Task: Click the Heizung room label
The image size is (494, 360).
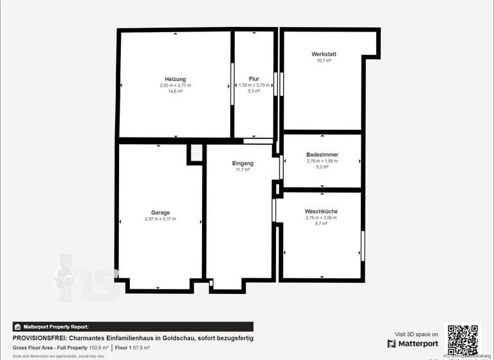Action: [175, 78]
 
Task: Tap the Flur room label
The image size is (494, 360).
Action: [254, 78]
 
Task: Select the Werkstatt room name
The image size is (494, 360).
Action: [324, 54]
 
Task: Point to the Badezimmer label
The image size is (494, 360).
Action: [322, 155]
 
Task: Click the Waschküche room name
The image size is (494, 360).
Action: [321, 212]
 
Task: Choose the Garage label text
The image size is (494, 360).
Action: [160, 213]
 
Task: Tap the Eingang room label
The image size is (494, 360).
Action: [242, 163]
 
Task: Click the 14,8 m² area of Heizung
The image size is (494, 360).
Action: [175, 92]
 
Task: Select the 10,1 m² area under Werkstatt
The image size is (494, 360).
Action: [324, 61]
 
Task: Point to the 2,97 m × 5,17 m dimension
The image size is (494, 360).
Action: [160, 219]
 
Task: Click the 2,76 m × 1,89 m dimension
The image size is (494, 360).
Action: [322, 161]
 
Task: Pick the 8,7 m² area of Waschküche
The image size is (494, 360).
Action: [321, 224]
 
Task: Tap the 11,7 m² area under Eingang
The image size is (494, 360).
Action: [242, 170]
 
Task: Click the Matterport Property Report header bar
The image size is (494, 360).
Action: [133, 327]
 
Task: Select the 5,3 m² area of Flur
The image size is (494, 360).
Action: [254, 91]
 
